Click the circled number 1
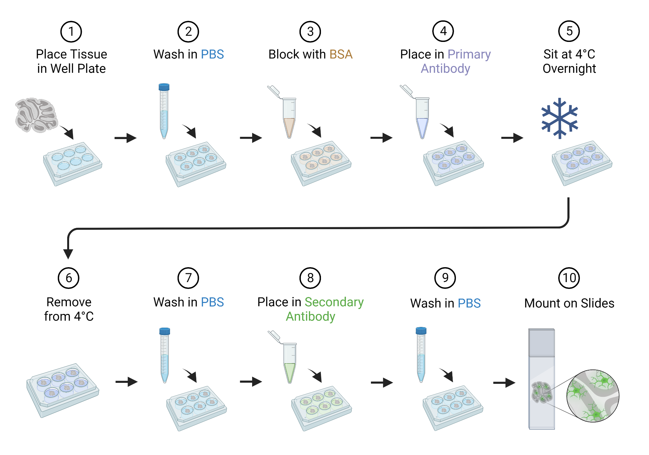pos(71,32)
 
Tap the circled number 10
pos(569,278)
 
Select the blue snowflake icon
pos(560,118)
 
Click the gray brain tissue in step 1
pos(36,115)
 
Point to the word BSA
pos(341,54)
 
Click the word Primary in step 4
pos(469,54)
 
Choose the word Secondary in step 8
pos(334,302)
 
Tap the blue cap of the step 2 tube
pos(164,87)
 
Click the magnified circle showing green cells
pos(593,396)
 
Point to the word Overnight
pos(569,69)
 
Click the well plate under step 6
pos(62,390)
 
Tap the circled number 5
pos(569,31)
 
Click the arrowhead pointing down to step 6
pos(68,253)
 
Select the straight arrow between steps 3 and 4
pos(381,138)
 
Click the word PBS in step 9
pos(469,303)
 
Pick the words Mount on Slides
pos(569,303)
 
